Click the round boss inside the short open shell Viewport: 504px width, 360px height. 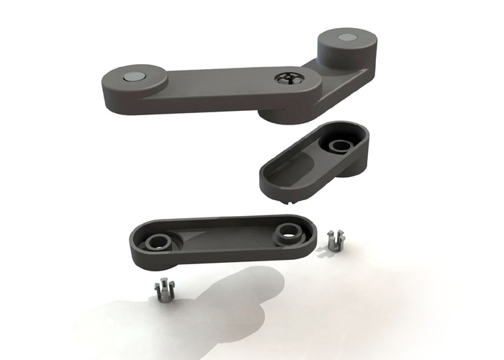pyautogui.click(x=336, y=146)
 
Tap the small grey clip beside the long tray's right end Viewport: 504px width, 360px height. pyautogui.click(x=333, y=240)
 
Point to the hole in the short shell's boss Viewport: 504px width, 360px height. pyautogui.click(x=337, y=144)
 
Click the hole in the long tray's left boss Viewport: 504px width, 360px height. pyautogui.click(x=155, y=240)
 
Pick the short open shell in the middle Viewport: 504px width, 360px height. pyautogui.click(x=313, y=162)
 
